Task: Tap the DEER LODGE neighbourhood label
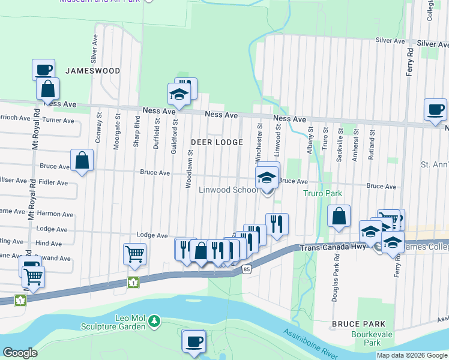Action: click(217, 142)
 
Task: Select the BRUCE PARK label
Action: click(354, 324)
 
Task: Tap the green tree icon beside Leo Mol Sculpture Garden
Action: click(155, 321)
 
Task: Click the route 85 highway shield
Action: click(247, 270)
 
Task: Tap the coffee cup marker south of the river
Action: click(193, 341)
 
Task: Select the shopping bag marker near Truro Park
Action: click(339, 217)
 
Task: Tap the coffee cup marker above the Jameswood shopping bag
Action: click(43, 70)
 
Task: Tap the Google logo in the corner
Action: click(20, 353)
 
